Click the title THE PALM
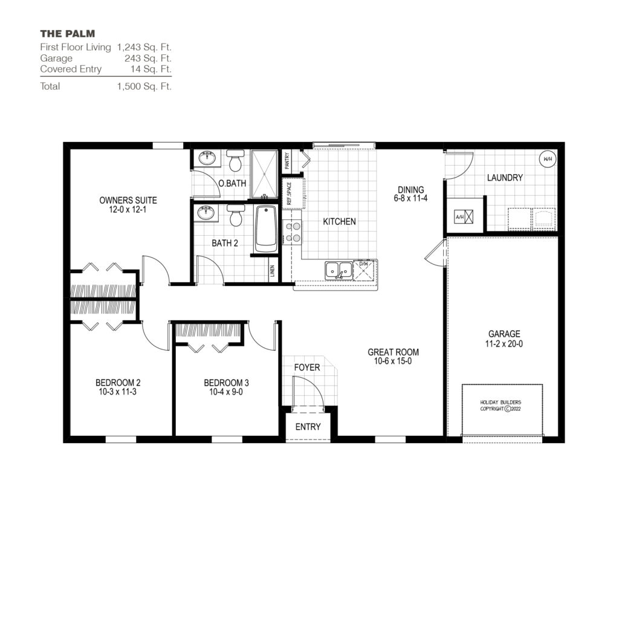(x=68, y=33)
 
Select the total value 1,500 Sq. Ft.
(x=144, y=86)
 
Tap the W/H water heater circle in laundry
(x=548, y=160)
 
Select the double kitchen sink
(x=339, y=270)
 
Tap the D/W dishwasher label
(x=364, y=264)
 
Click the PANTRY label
(x=288, y=161)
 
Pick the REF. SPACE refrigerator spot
(x=290, y=193)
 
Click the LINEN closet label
(x=273, y=271)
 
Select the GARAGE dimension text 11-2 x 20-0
(x=504, y=343)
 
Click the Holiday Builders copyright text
(x=501, y=405)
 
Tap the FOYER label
(x=307, y=367)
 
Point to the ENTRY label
(x=308, y=427)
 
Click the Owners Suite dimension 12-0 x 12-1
(x=128, y=210)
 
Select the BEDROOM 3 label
(x=226, y=383)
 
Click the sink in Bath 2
(x=207, y=213)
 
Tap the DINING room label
(x=410, y=189)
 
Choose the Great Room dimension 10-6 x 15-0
(x=393, y=361)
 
